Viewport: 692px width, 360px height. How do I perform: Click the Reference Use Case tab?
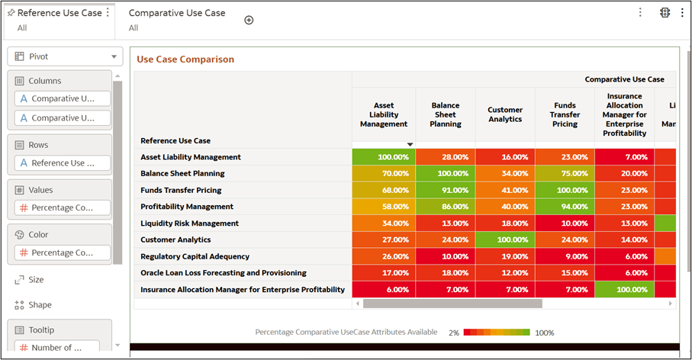pyautogui.click(x=59, y=13)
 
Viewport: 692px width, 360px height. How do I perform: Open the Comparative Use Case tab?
pyautogui.click(x=176, y=13)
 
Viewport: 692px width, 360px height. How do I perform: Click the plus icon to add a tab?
pyautogui.click(x=249, y=20)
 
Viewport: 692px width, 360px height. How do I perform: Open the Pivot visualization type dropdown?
pyautogui.click(x=64, y=56)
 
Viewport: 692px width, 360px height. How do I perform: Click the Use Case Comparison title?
pyautogui.click(x=185, y=59)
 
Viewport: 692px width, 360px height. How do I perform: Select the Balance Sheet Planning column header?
pyautogui.click(x=445, y=114)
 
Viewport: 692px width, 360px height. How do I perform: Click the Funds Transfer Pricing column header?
pyautogui.click(x=565, y=114)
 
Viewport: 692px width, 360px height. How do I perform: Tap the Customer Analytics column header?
pyautogui.click(x=505, y=114)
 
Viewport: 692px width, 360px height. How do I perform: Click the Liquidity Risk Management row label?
pyautogui.click(x=189, y=223)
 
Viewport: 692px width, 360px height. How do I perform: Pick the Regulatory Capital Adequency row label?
pyautogui.click(x=195, y=256)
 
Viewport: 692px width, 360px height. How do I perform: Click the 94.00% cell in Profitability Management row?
pyautogui.click(x=565, y=207)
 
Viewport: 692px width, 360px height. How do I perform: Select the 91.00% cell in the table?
pyautogui.click(x=445, y=190)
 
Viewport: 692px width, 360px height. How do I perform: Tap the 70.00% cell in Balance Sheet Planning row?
pyautogui.click(x=384, y=173)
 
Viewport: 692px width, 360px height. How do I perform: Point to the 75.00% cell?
pyautogui.click(x=565, y=173)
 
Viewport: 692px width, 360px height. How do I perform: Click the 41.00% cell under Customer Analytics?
pyautogui.click(x=505, y=190)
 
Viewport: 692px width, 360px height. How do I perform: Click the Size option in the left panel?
pyautogui.click(x=35, y=280)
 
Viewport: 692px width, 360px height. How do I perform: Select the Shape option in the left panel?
pyautogui.click(x=39, y=305)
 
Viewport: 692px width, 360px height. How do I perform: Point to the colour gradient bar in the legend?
pyautogui.click(x=497, y=333)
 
